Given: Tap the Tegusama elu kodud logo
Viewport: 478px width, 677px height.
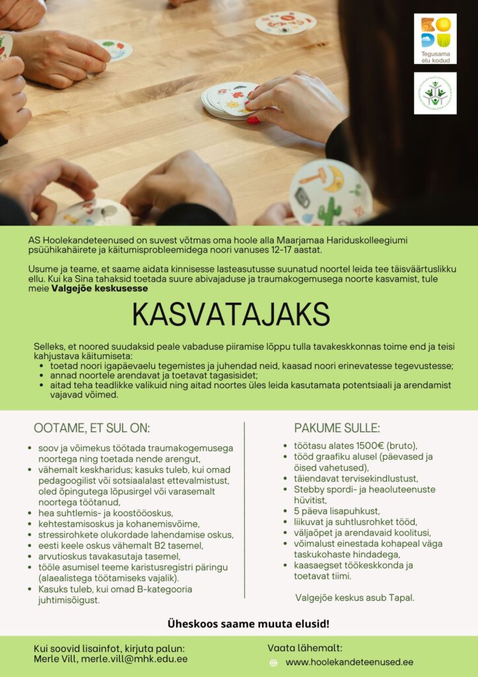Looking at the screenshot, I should click(435, 38).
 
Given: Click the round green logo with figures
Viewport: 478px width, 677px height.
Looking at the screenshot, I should click(435, 93).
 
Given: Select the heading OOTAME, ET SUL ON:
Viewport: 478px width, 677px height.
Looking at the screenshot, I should click(92, 428).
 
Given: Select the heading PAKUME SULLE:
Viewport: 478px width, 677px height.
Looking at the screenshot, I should click(337, 428).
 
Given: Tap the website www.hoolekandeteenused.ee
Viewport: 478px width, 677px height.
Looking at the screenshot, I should click(349, 662).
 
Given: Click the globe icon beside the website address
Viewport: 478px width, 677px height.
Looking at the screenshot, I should click(273, 662).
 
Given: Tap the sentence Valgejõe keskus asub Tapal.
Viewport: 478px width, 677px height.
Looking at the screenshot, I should click(355, 598).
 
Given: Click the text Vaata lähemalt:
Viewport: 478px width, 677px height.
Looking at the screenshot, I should click(305, 648).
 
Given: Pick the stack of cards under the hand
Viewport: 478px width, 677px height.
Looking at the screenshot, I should click(228, 101).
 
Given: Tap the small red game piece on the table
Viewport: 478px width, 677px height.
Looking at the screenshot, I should click(253, 120).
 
